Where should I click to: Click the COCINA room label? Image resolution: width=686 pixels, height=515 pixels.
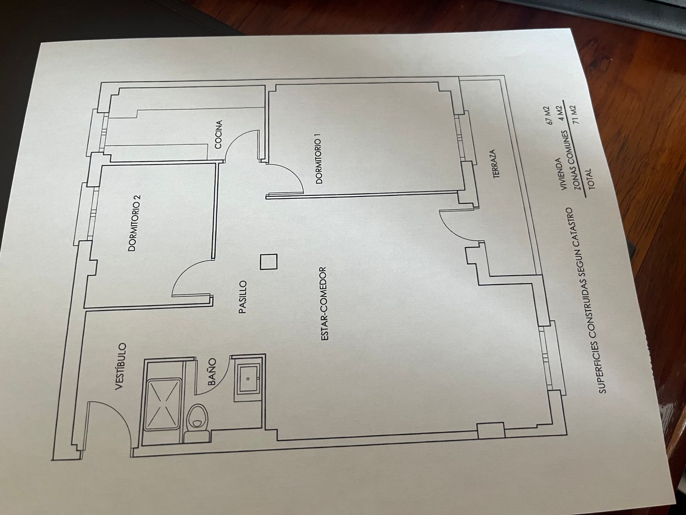tap(219, 135)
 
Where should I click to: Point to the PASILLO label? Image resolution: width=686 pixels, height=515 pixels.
tap(243, 297)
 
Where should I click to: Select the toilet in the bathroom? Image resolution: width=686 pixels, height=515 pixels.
tap(198, 417)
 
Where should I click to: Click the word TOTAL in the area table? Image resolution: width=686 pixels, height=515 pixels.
tap(588, 179)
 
